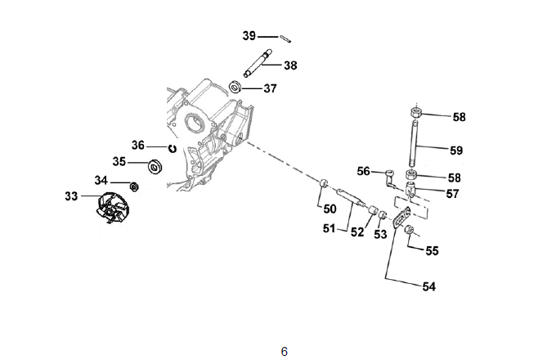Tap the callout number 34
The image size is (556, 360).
pyautogui.click(x=101, y=180)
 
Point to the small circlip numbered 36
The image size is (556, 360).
pyautogui.click(x=173, y=148)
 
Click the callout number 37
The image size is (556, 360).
pyautogui.click(x=270, y=88)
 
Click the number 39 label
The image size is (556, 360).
pyautogui.click(x=250, y=35)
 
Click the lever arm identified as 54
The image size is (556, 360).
pyautogui.click(x=401, y=219)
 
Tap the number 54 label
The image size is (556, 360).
pyautogui.click(x=429, y=286)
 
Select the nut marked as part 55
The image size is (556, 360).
pyautogui.click(x=411, y=233)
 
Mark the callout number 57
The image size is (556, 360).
pyautogui.click(x=451, y=194)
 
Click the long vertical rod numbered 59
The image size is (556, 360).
pyautogui.click(x=416, y=143)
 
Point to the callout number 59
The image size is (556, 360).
pyautogui.click(x=456, y=151)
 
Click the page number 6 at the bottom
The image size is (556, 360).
pyautogui.click(x=284, y=352)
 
